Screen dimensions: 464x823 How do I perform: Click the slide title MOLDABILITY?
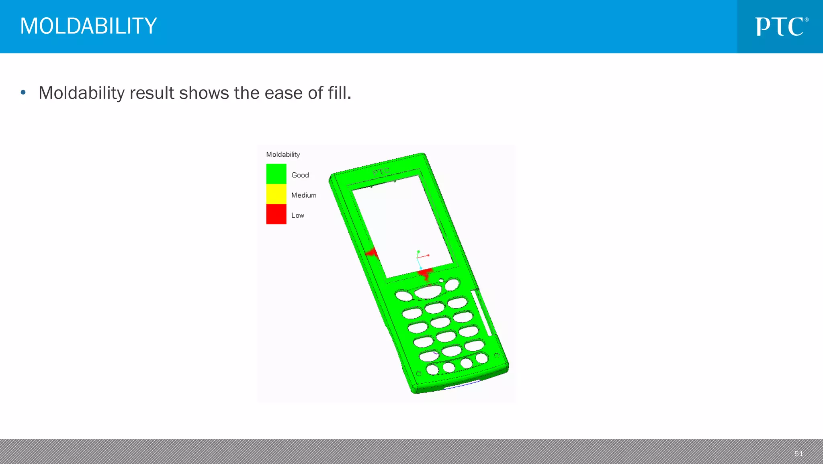click(x=88, y=26)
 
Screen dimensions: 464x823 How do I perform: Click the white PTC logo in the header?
click(x=781, y=27)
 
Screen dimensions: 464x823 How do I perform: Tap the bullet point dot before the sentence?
click(x=23, y=93)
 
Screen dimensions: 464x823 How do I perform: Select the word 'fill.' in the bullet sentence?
click(x=339, y=93)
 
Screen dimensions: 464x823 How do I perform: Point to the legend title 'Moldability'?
click(x=283, y=155)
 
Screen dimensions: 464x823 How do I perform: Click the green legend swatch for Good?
click(x=276, y=174)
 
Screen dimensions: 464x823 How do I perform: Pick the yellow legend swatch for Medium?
click(x=276, y=194)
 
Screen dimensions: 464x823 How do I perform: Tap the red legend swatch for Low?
click(x=276, y=214)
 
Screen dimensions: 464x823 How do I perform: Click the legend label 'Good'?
click(x=300, y=175)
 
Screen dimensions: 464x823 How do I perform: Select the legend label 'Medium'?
click(x=304, y=195)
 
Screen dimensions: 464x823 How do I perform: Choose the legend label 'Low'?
click(x=298, y=215)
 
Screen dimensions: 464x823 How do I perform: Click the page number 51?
click(x=798, y=454)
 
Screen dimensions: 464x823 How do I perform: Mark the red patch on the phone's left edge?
click(x=373, y=253)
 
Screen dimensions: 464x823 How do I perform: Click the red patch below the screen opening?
click(x=425, y=274)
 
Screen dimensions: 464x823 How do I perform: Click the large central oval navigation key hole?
click(x=428, y=292)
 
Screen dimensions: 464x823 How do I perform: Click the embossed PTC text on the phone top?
click(x=381, y=172)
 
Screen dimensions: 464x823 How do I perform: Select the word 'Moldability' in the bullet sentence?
click(x=82, y=93)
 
